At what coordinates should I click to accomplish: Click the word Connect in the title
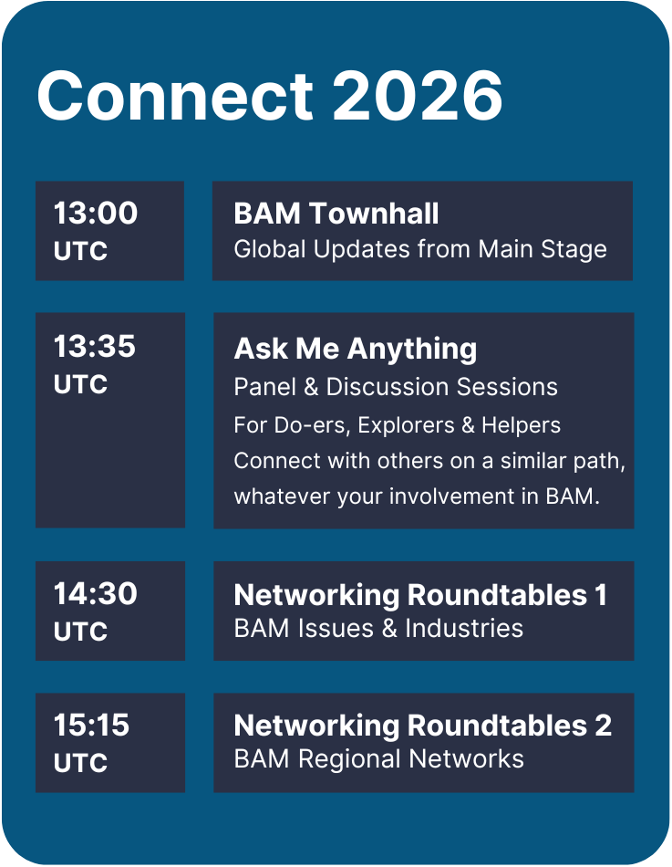(x=175, y=95)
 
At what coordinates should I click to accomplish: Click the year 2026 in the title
(x=418, y=95)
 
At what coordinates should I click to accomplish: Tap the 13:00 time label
(x=95, y=213)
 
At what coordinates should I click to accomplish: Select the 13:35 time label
(x=94, y=346)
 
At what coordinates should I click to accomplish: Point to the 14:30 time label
(x=95, y=593)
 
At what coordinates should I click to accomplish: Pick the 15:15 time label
(x=91, y=725)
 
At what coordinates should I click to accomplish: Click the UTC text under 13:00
(x=80, y=251)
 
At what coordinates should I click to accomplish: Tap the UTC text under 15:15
(x=80, y=763)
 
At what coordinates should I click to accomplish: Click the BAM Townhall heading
(x=336, y=214)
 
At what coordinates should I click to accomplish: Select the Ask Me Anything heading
(x=356, y=350)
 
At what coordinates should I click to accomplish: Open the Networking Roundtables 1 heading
(x=420, y=596)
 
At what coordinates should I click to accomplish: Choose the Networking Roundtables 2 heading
(x=423, y=726)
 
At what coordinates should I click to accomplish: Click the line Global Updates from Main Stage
(x=420, y=249)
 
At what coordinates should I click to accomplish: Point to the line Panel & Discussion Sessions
(x=396, y=387)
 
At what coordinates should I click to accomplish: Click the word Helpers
(x=521, y=425)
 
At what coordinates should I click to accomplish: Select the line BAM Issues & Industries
(x=378, y=629)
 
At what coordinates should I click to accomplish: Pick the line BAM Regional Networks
(x=378, y=759)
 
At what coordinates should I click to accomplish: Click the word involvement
(x=452, y=496)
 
